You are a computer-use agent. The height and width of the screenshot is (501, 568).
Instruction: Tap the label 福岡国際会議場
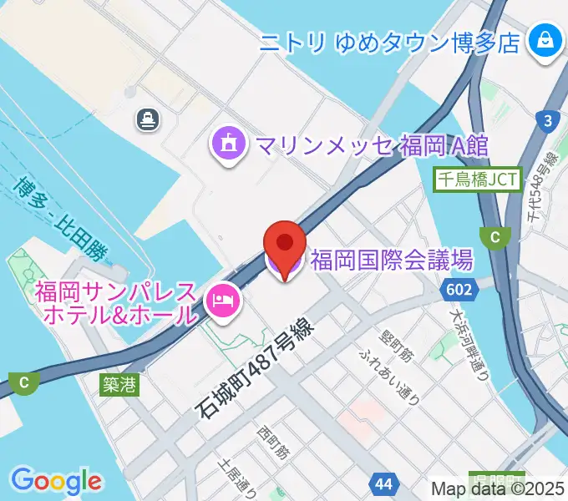(391, 261)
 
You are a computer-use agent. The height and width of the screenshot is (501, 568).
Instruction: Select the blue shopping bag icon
(544, 39)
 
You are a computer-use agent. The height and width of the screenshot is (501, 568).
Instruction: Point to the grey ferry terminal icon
(148, 120)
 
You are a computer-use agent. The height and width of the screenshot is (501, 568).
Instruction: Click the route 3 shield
(548, 122)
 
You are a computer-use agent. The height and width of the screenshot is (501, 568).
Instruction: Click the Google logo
(57, 482)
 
